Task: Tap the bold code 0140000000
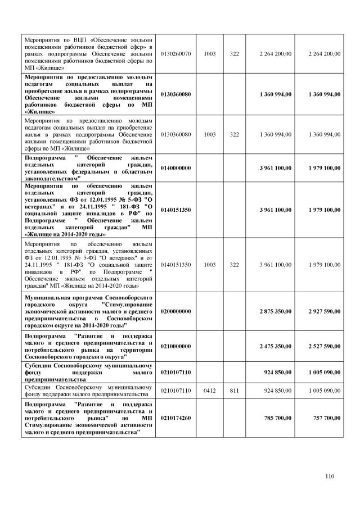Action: tap(176, 168)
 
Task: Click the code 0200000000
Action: tap(176, 311)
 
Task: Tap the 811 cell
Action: tap(235, 390)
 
